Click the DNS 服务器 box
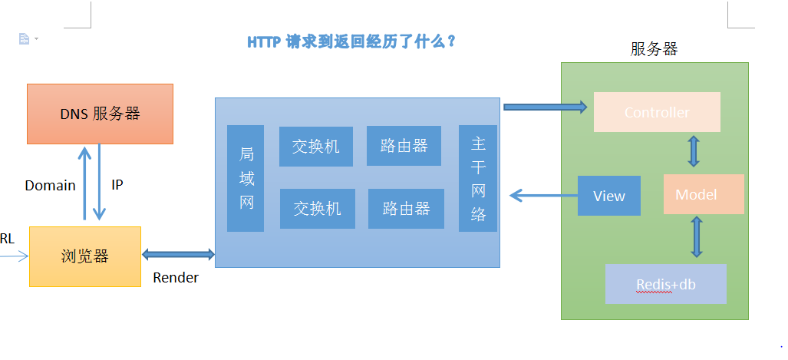(x=100, y=114)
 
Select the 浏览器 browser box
(x=85, y=256)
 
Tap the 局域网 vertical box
(x=246, y=178)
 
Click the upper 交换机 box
(x=315, y=146)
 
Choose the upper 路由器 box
(x=404, y=146)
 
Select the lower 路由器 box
(x=406, y=208)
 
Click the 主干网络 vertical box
(x=478, y=178)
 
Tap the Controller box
(x=657, y=112)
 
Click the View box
(x=608, y=196)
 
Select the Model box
(x=704, y=194)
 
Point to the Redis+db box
(x=665, y=284)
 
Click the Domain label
(x=50, y=185)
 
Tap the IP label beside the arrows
(x=117, y=185)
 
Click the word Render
(x=176, y=278)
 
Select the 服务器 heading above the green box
(x=654, y=50)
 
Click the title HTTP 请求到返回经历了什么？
(x=351, y=41)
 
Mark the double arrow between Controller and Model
(x=694, y=151)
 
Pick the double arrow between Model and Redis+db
(x=697, y=236)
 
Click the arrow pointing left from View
(x=542, y=196)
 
